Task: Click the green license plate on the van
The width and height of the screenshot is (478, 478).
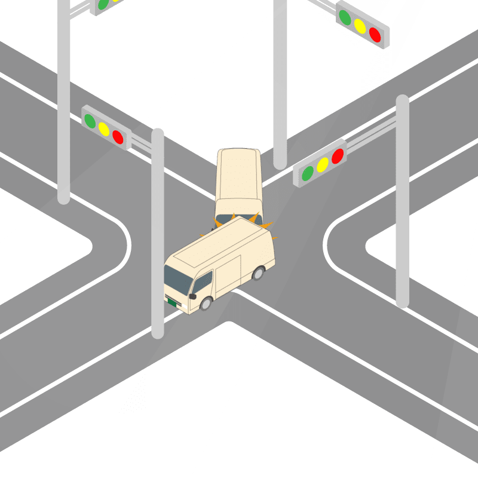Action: pyautogui.click(x=172, y=302)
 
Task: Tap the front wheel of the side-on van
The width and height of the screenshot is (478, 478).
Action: pyautogui.click(x=206, y=303)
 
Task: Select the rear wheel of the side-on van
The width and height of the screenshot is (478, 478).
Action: pyautogui.click(x=258, y=274)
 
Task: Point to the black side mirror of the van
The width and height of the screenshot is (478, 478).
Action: pyautogui.click(x=192, y=296)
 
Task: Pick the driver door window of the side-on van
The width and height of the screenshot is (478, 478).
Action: pyautogui.click(x=203, y=281)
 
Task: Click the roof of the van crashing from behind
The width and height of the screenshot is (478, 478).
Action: pyautogui.click(x=238, y=173)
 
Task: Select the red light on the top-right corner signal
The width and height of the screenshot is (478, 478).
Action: pyautogui.click(x=375, y=34)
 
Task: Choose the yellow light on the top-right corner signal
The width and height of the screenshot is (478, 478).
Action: pyautogui.click(x=360, y=26)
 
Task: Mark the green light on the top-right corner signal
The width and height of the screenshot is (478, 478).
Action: pyautogui.click(x=345, y=17)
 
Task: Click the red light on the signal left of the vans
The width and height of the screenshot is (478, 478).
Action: pyautogui.click(x=118, y=137)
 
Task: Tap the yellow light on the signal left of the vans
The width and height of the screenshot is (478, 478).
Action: pyautogui.click(x=104, y=129)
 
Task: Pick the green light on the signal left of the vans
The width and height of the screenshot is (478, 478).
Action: pyautogui.click(x=90, y=121)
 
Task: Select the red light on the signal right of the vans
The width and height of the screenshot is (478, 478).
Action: pyautogui.click(x=338, y=155)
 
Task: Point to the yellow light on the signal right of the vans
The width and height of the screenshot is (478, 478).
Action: pyautogui.click(x=323, y=164)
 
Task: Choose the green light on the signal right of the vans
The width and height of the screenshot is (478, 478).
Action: pyautogui.click(x=308, y=173)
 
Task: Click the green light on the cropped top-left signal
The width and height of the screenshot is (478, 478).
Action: pyautogui.click(x=103, y=4)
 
